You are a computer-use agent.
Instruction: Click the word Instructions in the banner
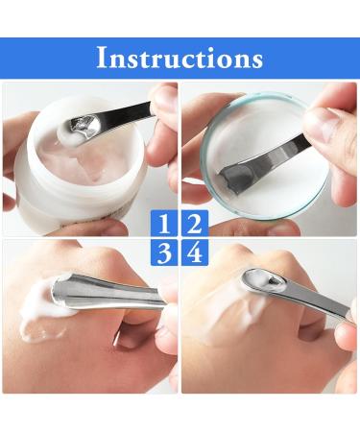click(x=180, y=58)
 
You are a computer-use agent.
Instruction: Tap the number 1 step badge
click(x=165, y=225)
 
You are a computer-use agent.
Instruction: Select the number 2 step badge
click(x=194, y=225)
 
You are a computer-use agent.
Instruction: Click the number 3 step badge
click(x=165, y=253)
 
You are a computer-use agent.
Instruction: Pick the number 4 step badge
click(x=194, y=253)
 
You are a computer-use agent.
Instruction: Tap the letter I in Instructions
click(x=102, y=58)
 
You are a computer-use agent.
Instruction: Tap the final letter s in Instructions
click(x=256, y=60)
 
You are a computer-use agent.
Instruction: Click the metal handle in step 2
click(x=278, y=154)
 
